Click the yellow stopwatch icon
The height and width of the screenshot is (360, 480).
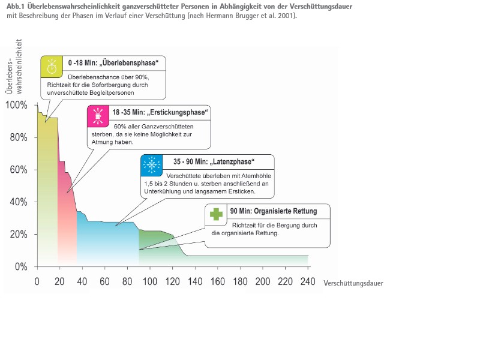click(x=52, y=66)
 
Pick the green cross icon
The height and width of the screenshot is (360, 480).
click(x=216, y=214)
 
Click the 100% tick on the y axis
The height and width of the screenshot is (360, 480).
click(x=16, y=105)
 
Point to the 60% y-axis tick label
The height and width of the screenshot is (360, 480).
click(x=18, y=170)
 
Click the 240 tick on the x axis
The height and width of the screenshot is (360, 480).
click(x=308, y=281)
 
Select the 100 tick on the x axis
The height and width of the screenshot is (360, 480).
click(x=149, y=281)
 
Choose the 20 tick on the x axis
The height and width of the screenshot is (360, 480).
click(x=59, y=281)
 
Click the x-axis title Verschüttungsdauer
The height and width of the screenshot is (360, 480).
click(x=353, y=282)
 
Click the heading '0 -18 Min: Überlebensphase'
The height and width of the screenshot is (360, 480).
click(x=113, y=62)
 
